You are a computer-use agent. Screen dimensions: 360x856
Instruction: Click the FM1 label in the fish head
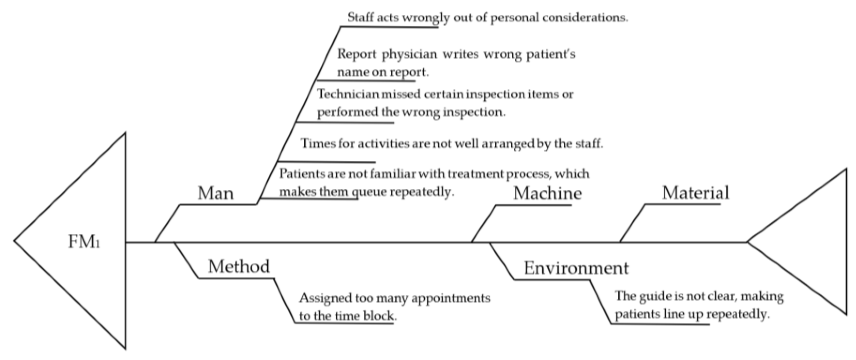[84, 242]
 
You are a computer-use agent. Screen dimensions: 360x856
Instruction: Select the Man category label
[215, 193]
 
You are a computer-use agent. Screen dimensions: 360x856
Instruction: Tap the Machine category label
[547, 193]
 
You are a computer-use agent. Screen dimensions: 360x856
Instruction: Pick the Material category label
[695, 192]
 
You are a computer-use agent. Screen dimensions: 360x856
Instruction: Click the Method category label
[239, 266]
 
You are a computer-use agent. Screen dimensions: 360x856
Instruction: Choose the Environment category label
[576, 268]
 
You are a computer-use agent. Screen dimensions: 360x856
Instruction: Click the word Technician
[348, 94]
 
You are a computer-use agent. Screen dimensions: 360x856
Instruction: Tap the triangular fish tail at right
[811, 242]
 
